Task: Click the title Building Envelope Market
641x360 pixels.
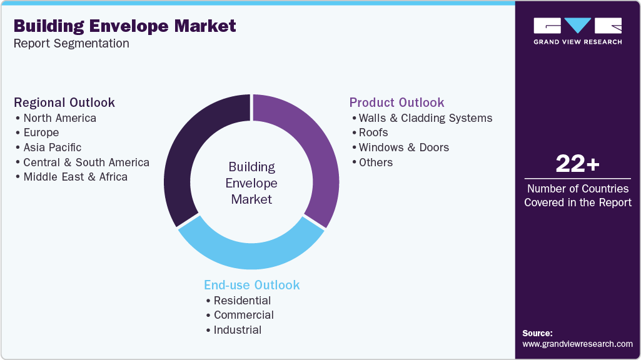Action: [125, 26]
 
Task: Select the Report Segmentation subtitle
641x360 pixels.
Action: [71, 44]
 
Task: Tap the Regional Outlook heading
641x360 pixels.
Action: [64, 102]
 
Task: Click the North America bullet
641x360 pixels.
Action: [60, 118]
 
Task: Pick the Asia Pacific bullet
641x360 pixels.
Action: [53, 147]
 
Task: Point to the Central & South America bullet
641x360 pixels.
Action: [86, 162]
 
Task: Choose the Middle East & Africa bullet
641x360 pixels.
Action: [76, 177]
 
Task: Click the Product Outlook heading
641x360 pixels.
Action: [396, 102]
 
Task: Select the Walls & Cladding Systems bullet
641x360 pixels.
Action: [425, 118]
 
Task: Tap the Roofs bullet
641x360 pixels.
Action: [373, 132]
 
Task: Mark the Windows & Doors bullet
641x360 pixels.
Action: [404, 147]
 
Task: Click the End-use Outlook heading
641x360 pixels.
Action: [252, 285]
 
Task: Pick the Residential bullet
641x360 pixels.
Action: [243, 301]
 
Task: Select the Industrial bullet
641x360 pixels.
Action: [238, 330]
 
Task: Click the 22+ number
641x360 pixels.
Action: [577, 164]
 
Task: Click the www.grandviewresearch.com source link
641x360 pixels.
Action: [577, 344]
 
